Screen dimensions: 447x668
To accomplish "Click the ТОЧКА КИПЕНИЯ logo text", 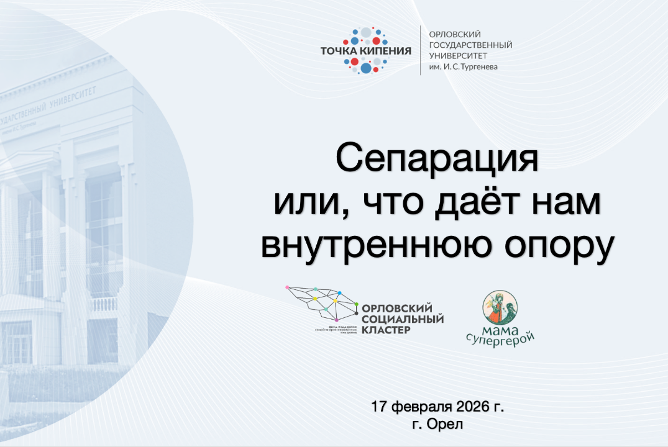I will pos(365,50).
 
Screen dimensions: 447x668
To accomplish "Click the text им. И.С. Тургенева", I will pos(464,66).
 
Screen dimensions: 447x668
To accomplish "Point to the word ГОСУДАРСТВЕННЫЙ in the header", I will pos(471,45).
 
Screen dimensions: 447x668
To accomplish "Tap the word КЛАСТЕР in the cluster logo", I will pos(385,330).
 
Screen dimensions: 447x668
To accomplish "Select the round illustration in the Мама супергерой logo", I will pos(501,308).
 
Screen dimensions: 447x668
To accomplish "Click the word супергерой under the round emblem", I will pos(500,338).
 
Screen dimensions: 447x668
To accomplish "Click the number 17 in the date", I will pos(380,408).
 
